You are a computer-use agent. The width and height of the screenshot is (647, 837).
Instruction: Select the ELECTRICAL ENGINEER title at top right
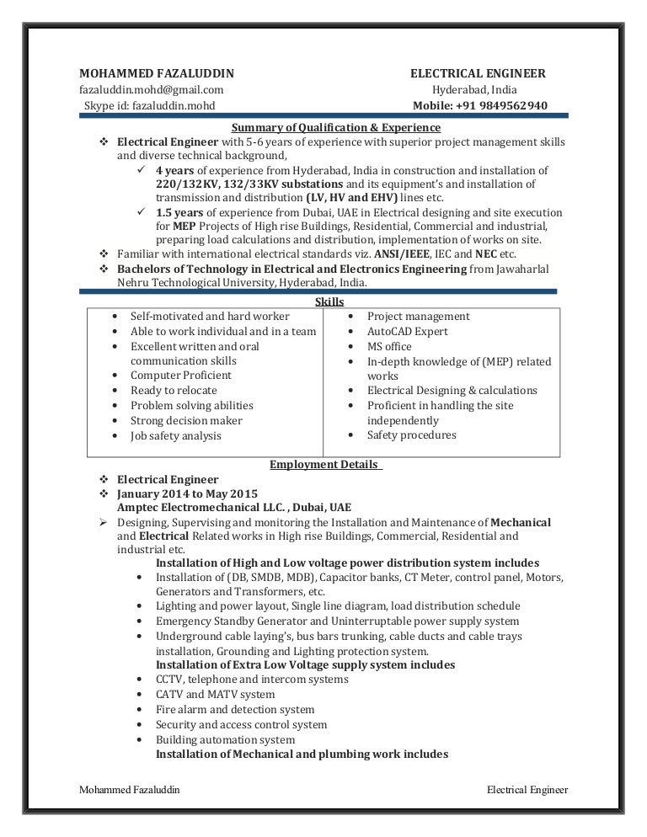coord(477,73)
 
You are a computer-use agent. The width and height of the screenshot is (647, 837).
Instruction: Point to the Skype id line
coord(149,105)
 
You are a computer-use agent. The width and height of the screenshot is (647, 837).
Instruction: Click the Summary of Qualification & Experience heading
coord(335,127)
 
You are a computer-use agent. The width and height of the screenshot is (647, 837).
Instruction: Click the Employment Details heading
coord(325,464)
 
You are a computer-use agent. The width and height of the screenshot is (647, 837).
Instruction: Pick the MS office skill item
coord(389,346)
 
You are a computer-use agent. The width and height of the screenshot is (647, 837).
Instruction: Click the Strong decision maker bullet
coord(186,420)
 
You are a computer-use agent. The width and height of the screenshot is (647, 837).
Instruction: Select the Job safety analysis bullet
coord(176,435)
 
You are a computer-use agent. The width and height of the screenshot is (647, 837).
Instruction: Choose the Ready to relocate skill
coord(174,390)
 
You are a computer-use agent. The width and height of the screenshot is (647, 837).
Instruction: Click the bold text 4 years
coord(175,169)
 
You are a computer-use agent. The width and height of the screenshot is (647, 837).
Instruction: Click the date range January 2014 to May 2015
coord(187,493)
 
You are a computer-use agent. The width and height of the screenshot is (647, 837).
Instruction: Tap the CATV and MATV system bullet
coord(215,695)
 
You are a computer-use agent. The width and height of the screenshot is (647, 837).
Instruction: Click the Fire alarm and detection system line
coord(235,710)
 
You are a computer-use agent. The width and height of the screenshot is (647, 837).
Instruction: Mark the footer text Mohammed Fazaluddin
coord(128,790)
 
